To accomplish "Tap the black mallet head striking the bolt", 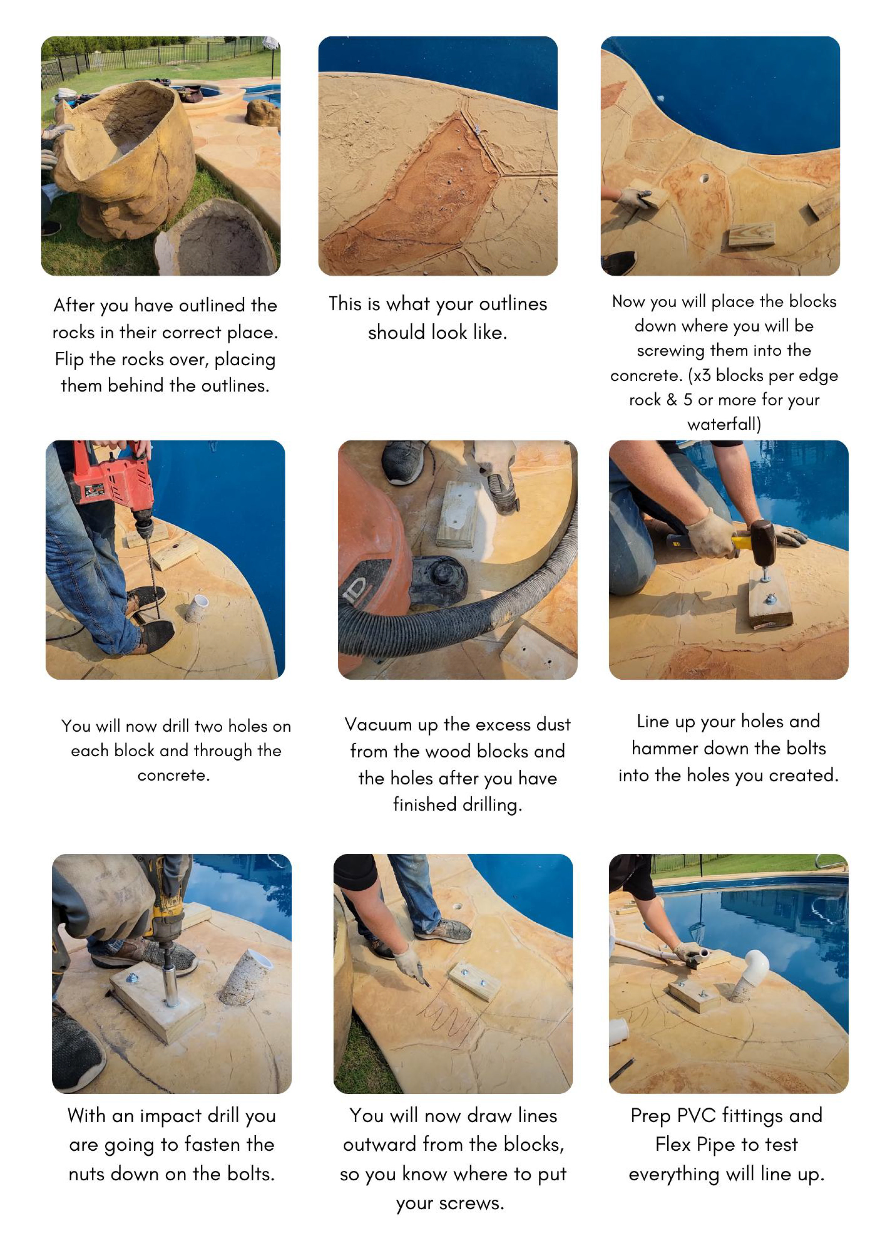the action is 764,543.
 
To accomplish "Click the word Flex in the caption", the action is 673,1144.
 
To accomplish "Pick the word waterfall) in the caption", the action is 724,424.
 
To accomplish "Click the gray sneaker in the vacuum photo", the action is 405,463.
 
